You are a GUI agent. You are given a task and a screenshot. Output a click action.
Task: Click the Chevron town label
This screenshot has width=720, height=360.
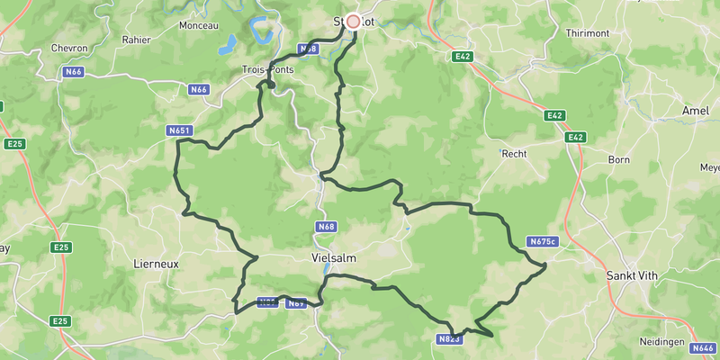tap(68, 48)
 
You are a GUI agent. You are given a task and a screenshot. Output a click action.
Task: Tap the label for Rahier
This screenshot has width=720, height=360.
tap(137, 40)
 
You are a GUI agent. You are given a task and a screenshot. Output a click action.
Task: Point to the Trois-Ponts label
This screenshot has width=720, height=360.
tap(268, 69)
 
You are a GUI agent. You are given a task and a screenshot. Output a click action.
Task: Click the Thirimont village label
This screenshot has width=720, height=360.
tap(588, 32)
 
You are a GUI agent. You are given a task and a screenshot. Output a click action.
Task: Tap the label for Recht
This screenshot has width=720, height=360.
tap(514, 154)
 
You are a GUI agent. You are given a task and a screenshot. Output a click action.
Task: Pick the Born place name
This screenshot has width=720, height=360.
tap(619, 159)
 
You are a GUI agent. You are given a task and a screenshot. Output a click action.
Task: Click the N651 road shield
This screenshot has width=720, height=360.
tap(180, 130)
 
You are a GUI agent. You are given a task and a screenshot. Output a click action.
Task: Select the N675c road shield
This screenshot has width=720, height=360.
tap(543, 241)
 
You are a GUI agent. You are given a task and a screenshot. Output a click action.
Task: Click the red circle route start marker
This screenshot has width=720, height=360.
tap(354, 21)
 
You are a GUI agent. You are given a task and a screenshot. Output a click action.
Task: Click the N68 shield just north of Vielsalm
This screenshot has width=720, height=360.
tap(327, 226)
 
